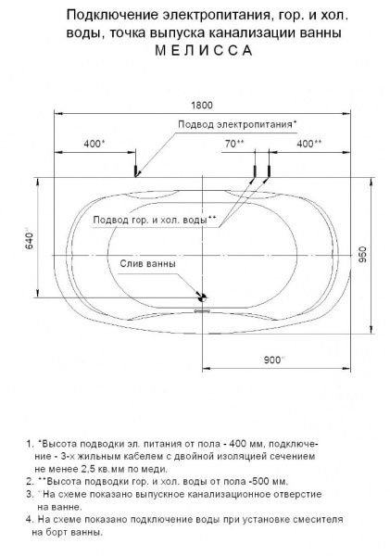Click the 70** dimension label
point(233,143)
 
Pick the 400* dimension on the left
point(94,143)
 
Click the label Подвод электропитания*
point(236,124)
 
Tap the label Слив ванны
point(146,263)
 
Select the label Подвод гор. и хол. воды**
point(154,220)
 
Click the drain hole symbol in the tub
point(202,297)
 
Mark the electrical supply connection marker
point(137,171)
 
